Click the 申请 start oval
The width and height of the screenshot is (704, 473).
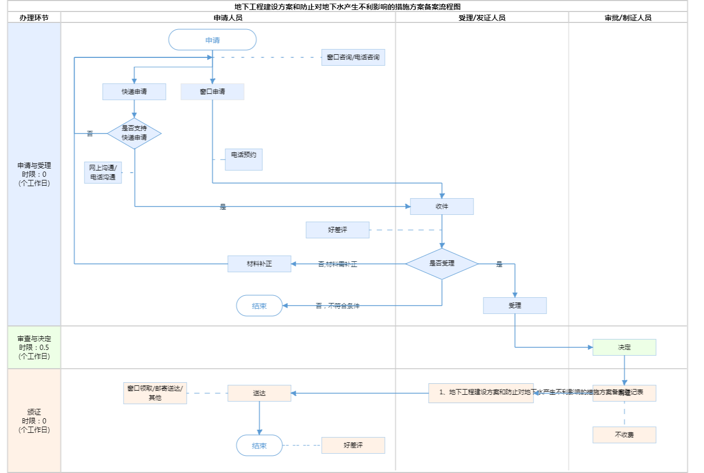pyautogui.click(x=212, y=40)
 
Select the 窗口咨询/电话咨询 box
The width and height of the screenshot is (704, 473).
pyautogui.click(x=353, y=57)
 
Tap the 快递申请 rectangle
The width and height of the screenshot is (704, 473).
pyautogui.click(x=134, y=92)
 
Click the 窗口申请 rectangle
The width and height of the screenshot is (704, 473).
pyautogui.click(x=212, y=92)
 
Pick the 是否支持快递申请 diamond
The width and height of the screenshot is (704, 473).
pyautogui.click(x=134, y=134)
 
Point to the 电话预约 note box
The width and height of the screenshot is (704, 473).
pyautogui.click(x=244, y=159)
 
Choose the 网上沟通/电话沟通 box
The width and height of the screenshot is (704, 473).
pyautogui.click(x=103, y=173)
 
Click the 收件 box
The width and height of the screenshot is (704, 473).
pyautogui.click(x=442, y=207)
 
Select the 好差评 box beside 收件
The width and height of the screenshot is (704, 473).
pyautogui.click(x=337, y=230)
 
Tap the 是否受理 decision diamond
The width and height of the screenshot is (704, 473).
pyautogui.click(x=442, y=264)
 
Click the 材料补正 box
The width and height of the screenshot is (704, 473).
pyautogui.click(x=259, y=264)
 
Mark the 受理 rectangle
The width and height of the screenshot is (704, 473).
pyautogui.click(x=515, y=306)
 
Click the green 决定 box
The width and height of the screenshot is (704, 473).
pyautogui.click(x=624, y=347)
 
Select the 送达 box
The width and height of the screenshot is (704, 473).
pyautogui.click(x=259, y=393)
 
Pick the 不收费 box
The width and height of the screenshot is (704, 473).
pyautogui.click(x=624, y=435)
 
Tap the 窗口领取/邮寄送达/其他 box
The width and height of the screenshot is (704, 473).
pyautogui.click(x=155, y=393)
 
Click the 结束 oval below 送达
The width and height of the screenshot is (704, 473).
pyautogui.click(x=259, y=445)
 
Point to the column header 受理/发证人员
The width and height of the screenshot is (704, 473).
pyautogui.click(x=482, y=18)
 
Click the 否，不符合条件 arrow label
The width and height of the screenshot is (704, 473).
pyautogui.click(x=337, y=306)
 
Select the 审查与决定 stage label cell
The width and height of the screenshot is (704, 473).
pyautogui.click(x=34, y=347)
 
